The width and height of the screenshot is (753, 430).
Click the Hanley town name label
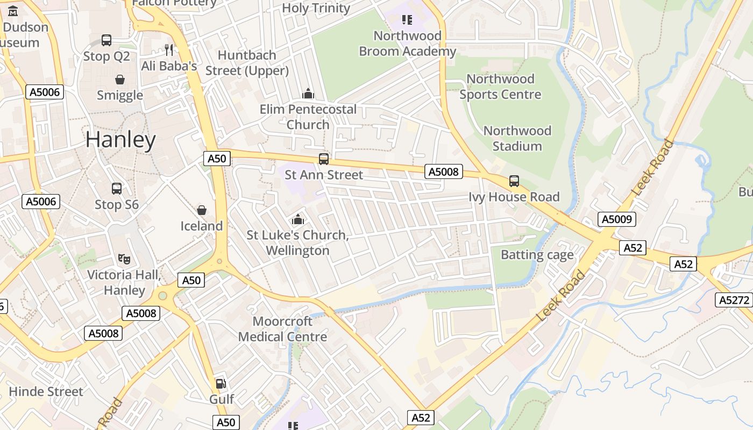120,140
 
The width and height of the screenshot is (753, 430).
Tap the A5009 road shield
617,219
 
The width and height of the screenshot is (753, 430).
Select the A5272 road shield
734,300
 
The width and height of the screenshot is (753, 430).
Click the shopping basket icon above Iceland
202,210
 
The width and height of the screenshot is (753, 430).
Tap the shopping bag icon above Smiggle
120,80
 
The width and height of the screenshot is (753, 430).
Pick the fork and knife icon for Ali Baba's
169,50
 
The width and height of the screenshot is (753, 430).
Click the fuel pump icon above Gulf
221,383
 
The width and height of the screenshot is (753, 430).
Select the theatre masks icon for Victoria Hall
124,259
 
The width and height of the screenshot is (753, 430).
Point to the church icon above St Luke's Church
297,219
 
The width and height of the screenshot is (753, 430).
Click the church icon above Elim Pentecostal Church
308,94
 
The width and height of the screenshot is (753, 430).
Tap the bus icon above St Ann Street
323,159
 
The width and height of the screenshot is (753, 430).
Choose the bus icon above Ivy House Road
514,181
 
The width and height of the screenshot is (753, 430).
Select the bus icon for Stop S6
117,189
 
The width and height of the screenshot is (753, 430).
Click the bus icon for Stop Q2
106,40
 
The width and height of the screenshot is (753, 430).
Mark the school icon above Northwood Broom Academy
407,20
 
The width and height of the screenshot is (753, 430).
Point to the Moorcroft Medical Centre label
282,329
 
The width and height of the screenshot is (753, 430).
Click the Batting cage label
537,255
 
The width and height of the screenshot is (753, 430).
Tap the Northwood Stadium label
517,138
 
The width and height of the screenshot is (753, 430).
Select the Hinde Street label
46,391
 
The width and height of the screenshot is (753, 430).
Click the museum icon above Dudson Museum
13,11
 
